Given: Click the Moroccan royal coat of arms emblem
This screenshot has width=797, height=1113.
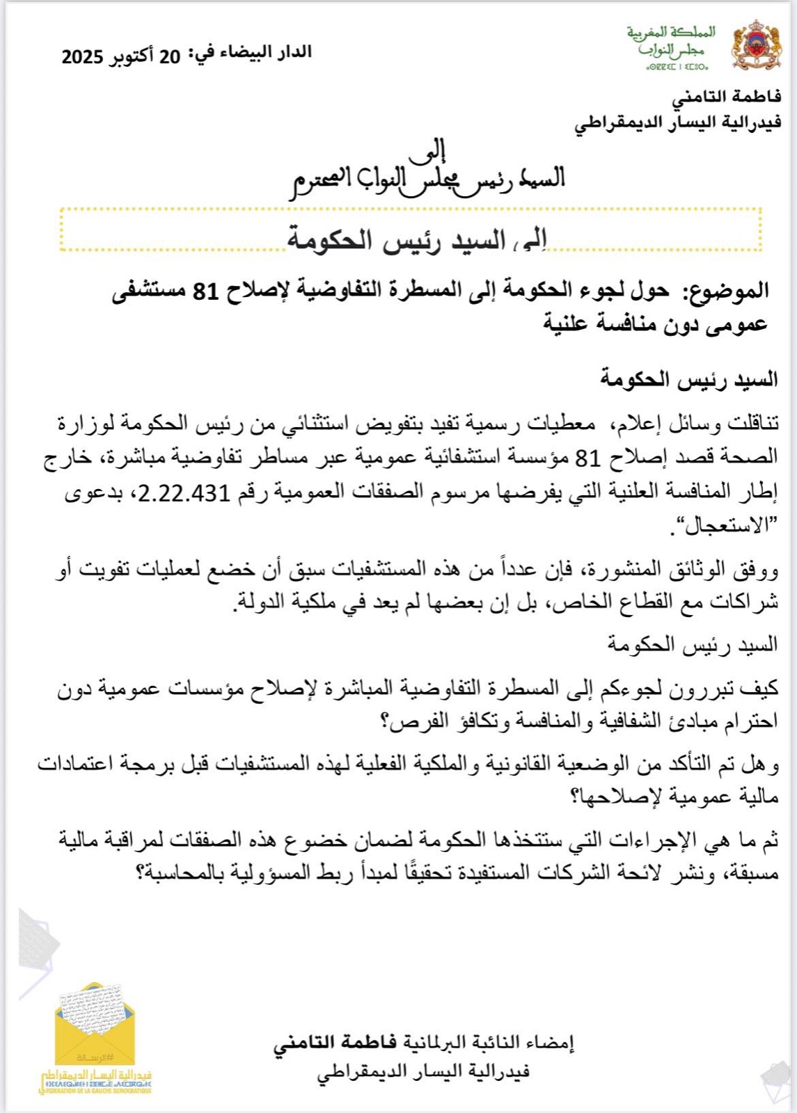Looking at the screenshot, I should tap(755, 45).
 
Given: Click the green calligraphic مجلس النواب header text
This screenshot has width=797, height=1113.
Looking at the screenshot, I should tap(672, 49).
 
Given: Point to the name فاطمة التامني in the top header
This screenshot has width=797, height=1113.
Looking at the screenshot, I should tap(726, 97).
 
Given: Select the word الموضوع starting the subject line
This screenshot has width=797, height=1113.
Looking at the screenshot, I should tap(727, 291).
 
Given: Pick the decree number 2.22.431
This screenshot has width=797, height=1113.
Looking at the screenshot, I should tap(184, 493).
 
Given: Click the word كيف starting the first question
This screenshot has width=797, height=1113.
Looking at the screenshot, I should tap(760, 688).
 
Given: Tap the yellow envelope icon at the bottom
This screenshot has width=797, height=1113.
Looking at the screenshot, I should tap(95, 1023).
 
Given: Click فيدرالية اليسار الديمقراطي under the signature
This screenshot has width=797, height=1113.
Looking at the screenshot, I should tap(423, 1072).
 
